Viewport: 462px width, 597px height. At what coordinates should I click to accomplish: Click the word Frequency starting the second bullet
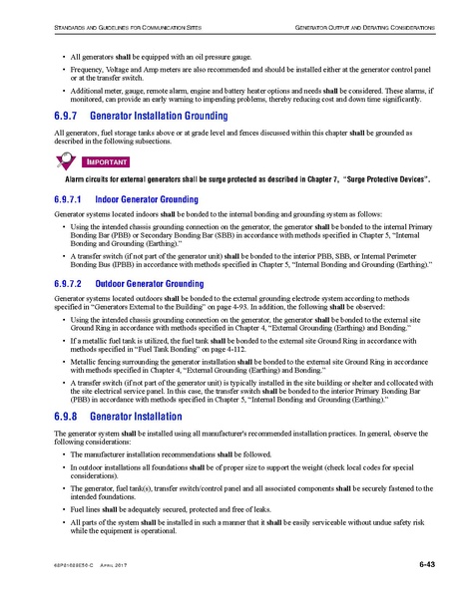pyautogui.click(x=93, y=72)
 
